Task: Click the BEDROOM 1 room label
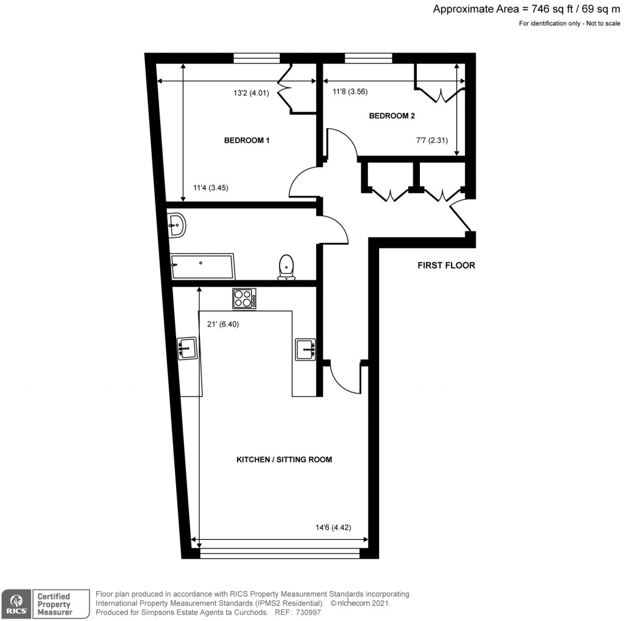coord(247,140)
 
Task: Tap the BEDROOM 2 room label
coord(392,116)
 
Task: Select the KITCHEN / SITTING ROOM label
coord(284,459)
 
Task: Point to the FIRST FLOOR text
coord(446,265)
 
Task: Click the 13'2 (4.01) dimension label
coord(251,93)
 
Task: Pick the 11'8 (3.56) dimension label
coord(350,92)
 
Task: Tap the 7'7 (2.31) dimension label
coord(431,140)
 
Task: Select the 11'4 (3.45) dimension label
coord(210,188)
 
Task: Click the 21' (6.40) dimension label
coord(224,325)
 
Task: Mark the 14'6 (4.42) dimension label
coord(331,528)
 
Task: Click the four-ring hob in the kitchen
coord(244,298)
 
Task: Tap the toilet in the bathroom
coord(286,268)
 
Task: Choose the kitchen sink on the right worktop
coord(305,349)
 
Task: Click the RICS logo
coord(16,603)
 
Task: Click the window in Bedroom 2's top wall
coord(368,58)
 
